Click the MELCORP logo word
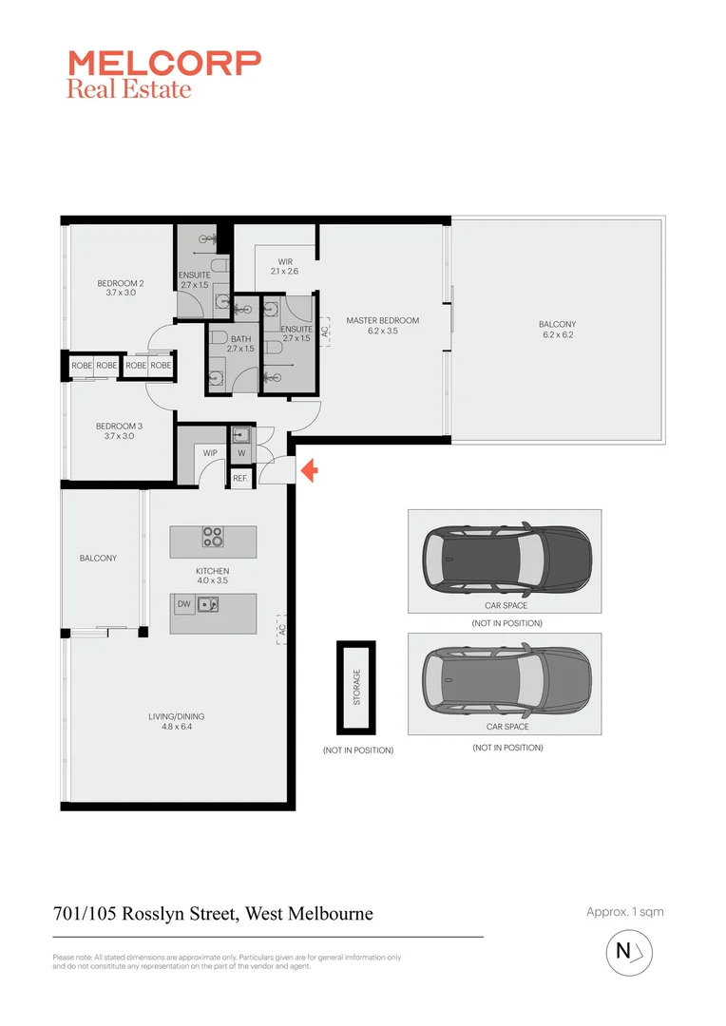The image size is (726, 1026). (163, 64)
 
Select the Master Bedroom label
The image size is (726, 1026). (382, 326)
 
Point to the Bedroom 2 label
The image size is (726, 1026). (120, 288)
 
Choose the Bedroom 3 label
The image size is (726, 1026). (120, 431)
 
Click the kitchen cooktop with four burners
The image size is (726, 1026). (213, 538)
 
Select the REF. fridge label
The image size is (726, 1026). (240, 479)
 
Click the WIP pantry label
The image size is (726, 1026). (210, 453)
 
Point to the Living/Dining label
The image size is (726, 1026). (176, 722)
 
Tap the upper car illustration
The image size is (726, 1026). (505, 560)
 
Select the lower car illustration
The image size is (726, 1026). (505, 682)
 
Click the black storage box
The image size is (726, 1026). (356, 687)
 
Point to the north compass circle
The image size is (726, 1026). (629, 952)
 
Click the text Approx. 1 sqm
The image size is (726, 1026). (624, 912)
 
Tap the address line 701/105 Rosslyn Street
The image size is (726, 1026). (213, 914)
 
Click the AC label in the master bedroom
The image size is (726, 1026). (325, 332)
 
